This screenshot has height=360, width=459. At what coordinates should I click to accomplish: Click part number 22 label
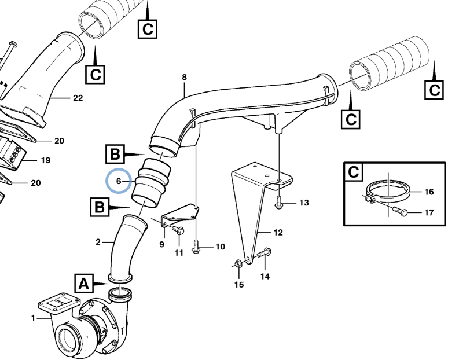(x=78, y=98)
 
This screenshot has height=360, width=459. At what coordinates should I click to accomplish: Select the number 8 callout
(x=184, y=77)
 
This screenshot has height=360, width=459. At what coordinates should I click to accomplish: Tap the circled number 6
(x=118, y=182)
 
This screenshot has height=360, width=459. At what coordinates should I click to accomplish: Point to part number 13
(x=304, y=203)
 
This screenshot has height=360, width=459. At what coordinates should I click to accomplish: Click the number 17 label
(x=429, y=212)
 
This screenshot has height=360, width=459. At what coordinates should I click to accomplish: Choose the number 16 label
(x=429, y=192)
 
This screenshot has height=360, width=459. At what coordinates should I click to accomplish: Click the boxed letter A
(x=83, y=284)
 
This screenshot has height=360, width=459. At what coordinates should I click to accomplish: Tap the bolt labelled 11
(x=179, y=232)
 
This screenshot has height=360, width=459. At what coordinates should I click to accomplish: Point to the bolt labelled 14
(x=266, y=252)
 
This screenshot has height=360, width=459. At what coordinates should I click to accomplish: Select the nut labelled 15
(x=238, y=265)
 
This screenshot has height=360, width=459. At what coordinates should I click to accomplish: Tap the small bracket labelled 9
(x=179, y=214)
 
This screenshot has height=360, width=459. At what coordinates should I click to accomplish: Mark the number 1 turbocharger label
(x=33, y=318)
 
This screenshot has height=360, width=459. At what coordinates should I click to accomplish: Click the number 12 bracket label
(x=278, y=233)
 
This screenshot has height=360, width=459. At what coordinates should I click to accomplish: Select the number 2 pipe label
(x=98, y=241)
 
